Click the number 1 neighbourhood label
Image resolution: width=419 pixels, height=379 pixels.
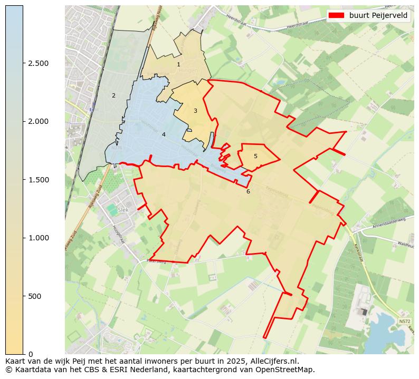178,65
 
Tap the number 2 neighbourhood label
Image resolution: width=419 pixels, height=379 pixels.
113,96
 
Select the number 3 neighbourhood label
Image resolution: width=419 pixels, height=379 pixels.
195,111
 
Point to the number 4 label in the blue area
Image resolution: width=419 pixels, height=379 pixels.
164,135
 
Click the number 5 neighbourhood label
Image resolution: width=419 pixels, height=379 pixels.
255,157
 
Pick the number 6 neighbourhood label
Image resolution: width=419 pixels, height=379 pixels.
248,191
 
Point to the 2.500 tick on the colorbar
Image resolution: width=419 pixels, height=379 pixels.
38,64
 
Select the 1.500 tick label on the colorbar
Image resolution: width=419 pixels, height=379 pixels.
38,180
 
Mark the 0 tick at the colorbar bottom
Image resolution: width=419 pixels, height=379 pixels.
31,354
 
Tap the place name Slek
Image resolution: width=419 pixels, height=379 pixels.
123,209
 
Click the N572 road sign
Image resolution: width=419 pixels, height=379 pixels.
404,321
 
